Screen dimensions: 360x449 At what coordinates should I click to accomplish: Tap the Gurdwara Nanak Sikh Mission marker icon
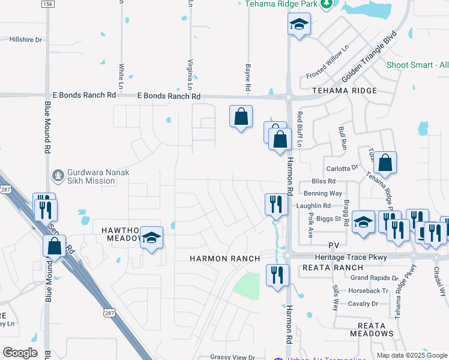[x=58, y=176]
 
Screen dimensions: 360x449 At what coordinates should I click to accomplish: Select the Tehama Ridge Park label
[x=281, y=4]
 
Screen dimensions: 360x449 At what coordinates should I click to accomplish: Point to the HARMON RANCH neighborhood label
[x=225, y=259]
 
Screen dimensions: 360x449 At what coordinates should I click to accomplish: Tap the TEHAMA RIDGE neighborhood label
[x=345, y=91]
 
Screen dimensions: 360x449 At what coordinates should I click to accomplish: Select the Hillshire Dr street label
[x=26, y=40]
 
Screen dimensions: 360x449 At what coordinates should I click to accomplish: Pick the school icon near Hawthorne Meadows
[x=152, y=238]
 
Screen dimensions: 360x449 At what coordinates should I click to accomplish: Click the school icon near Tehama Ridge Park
[x=299, y=25]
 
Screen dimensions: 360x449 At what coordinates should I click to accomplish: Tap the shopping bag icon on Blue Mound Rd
[x=54, y=245]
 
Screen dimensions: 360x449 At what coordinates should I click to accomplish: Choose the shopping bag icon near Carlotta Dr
[x=385, y=162]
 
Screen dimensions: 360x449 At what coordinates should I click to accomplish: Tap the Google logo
[x=20, y=353]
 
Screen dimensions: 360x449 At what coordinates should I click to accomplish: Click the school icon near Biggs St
[x=363, y=222]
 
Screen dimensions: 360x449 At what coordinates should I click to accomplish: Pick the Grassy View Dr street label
[x=233, y=357]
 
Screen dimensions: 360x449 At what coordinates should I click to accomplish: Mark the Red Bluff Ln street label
[x=300, y=128]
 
